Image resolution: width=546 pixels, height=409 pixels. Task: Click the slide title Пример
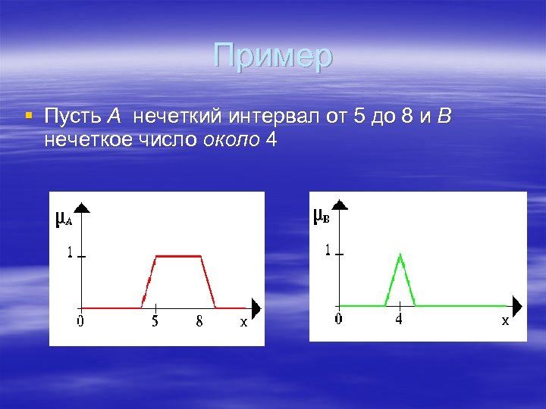tap(273, 56)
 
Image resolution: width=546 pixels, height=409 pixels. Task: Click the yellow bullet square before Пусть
tap(28, 116)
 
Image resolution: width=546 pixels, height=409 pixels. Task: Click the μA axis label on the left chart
tap(64, 220)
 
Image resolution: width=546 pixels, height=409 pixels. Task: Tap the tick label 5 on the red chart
tap(155, 322)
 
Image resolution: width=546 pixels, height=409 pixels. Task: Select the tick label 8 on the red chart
tap(199, 322)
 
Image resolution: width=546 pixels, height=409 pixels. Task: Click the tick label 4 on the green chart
tap(399, 320)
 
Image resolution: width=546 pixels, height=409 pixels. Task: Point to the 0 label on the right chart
tap(338, 320)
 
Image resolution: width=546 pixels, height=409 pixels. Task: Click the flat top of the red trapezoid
tap(177, 257)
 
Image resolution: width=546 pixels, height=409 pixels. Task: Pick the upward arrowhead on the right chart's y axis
tap(341, 202)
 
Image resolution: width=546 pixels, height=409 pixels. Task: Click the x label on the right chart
tap(504, 321)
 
